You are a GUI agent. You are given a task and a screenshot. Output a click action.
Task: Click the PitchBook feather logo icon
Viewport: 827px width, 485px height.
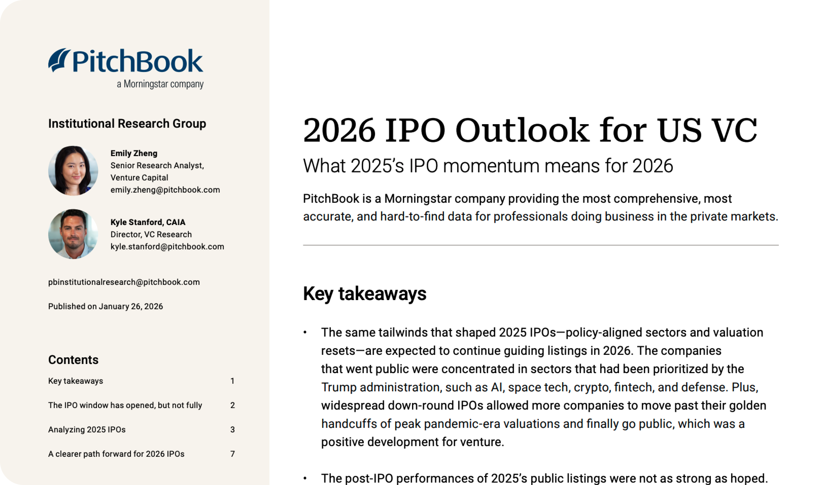coord(59,60)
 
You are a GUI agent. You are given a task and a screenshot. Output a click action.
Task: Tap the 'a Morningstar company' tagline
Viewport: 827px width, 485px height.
coord(160,84)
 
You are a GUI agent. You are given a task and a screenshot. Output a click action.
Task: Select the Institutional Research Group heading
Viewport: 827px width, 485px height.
coord(127,124)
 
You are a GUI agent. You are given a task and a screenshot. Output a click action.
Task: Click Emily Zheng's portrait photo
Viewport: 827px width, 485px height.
coord(73,171)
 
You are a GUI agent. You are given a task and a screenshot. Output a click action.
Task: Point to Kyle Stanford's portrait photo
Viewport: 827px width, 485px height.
coord(73,234)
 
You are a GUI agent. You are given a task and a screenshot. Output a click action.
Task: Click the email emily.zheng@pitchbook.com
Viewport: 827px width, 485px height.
coord(165,190)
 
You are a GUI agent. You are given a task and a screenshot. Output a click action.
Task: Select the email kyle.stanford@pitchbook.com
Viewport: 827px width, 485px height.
coord(167,247)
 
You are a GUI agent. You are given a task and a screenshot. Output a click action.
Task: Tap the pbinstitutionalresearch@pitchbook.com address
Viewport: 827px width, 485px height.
coord(124,282)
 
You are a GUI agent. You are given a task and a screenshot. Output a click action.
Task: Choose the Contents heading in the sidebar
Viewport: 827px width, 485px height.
coord(73,360)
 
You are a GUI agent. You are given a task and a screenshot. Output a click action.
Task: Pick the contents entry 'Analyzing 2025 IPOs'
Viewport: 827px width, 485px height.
coord(87,430)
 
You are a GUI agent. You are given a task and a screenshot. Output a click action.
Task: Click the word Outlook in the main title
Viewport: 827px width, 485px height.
coord(522,131)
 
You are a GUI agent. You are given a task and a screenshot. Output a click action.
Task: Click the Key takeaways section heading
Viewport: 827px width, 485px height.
coord(365,293)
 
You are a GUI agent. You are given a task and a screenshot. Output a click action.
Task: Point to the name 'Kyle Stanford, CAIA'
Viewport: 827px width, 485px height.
coord(148,222)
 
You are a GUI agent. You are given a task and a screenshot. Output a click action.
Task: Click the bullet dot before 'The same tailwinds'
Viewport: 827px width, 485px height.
coord(305,332)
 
